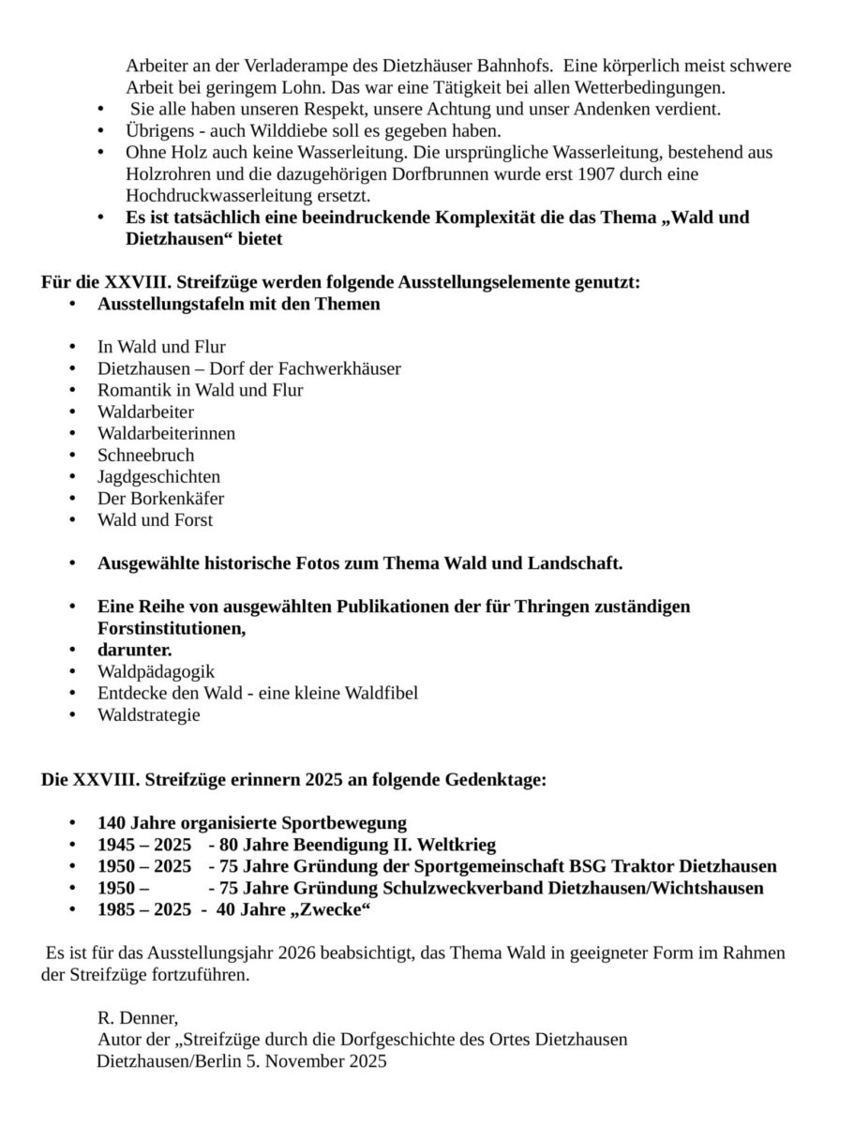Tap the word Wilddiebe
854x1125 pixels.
click(x=288, y=130)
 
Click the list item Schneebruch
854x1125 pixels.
click(x=145, y=455)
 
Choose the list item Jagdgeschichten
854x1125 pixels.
click(x=158, y=476)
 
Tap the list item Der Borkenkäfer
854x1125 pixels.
click(x=160, y=498)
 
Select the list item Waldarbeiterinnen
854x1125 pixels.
click(x=166, y=433)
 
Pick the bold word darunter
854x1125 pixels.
click(x=134, y=650)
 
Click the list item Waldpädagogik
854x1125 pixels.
click(x=156, y=671)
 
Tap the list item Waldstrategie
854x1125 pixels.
click(x=148, y=714)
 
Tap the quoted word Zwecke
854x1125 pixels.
click(x=334, y=909)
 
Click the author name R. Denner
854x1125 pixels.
click(x=137, y=1018)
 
